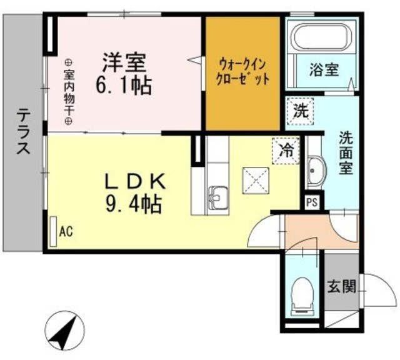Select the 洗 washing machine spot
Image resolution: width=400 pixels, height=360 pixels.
(x=300, y=112)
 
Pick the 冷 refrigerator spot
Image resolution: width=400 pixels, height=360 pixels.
(x=286, y=149)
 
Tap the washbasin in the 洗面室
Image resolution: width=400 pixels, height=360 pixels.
(x=316, y=169)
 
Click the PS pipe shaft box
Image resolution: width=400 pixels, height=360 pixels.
(x=311, y=202)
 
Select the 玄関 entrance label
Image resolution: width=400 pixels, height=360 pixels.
(x=341, y=287)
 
